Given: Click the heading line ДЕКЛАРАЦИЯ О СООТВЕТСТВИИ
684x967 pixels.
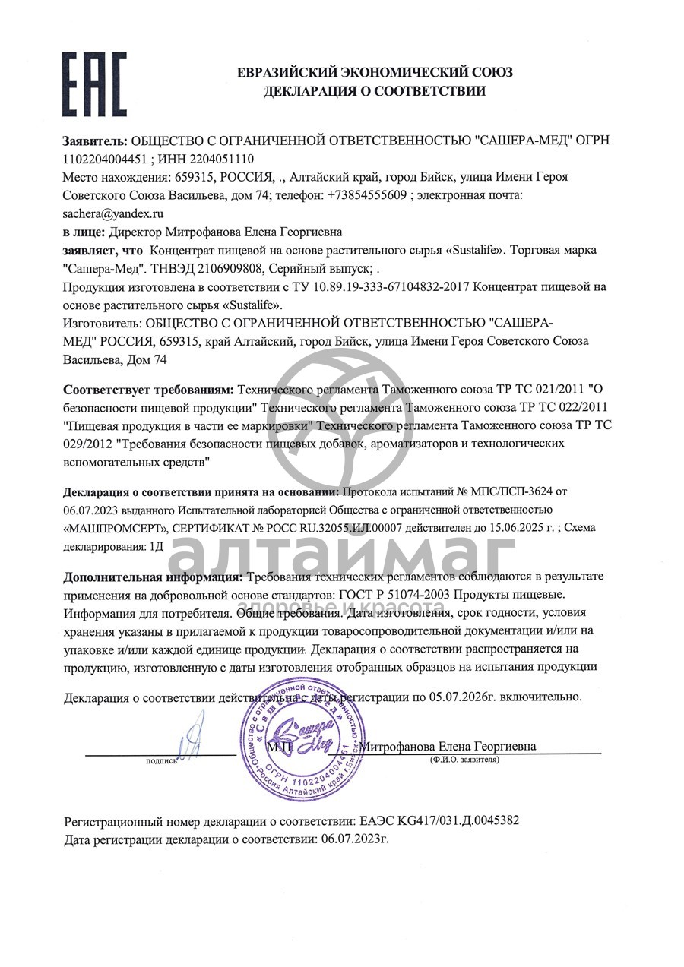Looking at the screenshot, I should (x=375, y=92).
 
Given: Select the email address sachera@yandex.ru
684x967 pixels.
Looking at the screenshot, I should (x=113, y=214).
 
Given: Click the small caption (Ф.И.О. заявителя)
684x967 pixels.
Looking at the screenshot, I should (x=464, y=759).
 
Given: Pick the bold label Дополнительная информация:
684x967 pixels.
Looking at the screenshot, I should (x=153, y=576).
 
